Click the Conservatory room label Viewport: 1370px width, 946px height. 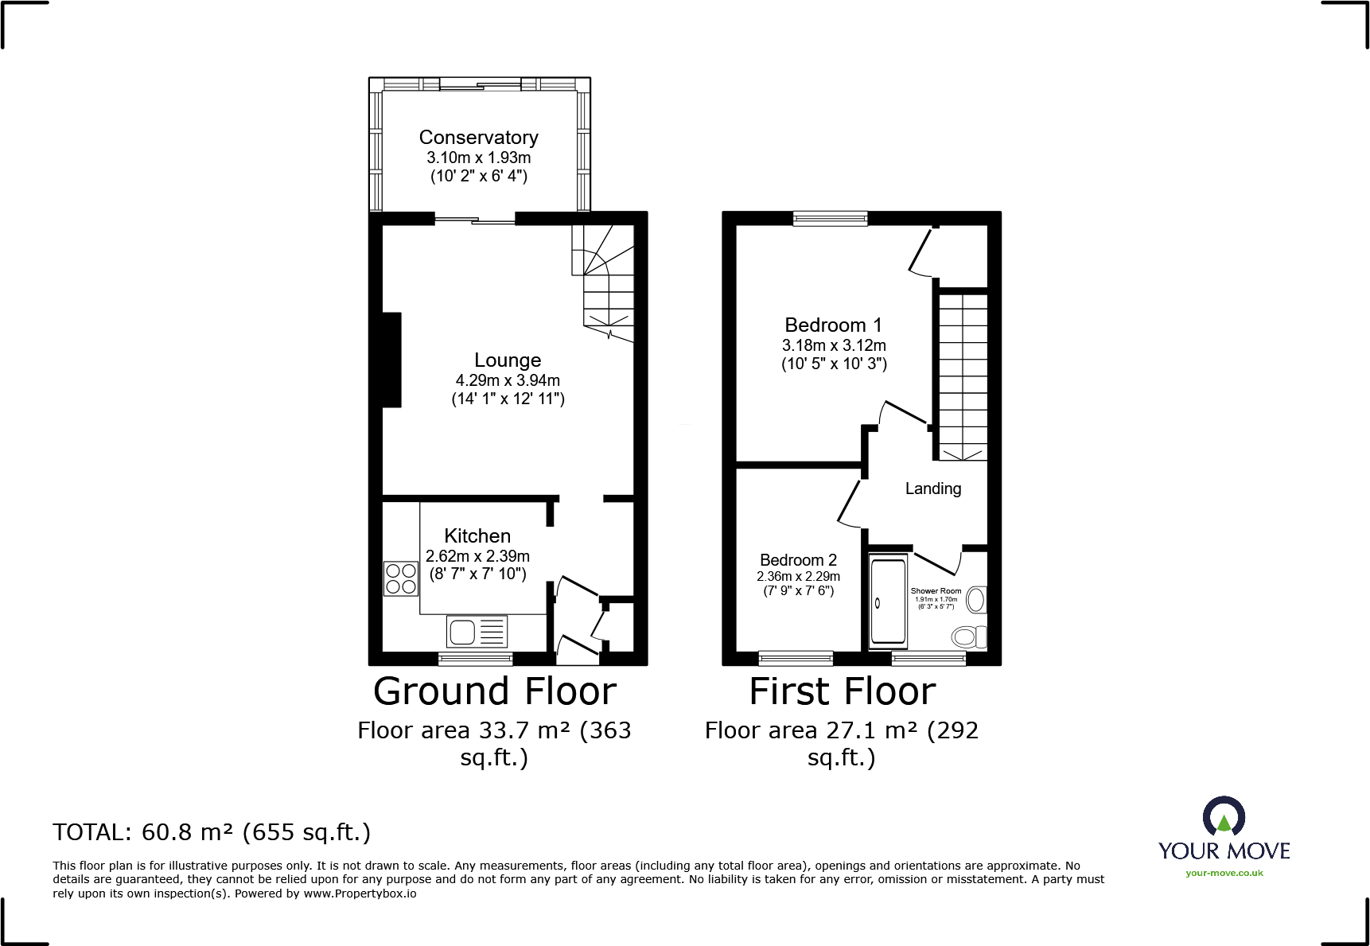[478, 138]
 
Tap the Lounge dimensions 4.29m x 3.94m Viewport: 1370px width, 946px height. [508, 380]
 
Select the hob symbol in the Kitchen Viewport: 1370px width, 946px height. [401, 578]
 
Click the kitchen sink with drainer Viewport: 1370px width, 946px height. [477, 632]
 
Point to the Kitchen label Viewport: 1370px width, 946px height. [477, 535]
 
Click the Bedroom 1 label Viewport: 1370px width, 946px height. [833, 325]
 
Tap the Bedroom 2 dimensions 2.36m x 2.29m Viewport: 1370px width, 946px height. [798, 576]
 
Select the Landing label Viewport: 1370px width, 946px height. [932, 489]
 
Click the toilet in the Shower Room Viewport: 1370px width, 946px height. [968, 637]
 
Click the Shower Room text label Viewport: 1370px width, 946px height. [936, 591]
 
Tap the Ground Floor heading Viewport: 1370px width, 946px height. [495, 691]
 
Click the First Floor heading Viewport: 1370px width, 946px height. [843, 691]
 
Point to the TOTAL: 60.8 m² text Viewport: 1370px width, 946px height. [212, 832]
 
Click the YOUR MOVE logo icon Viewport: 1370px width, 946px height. [1224, 817]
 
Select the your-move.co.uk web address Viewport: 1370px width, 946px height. [1224, 873]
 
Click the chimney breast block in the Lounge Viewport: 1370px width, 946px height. [391, 360]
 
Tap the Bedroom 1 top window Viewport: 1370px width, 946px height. [830, 218]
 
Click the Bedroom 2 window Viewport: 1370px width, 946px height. [796, 658]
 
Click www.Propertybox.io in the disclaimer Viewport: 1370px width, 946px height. [360, 893]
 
